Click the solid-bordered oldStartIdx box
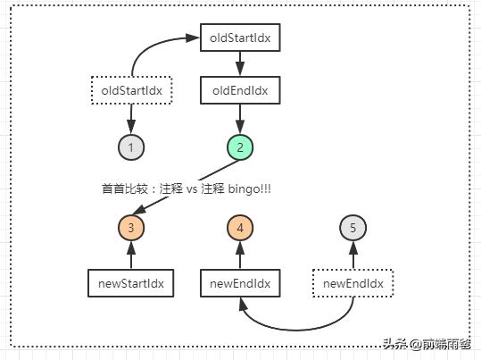tap(240, 38)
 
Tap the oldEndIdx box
tap(240, 90)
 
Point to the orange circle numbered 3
tap(130, 228)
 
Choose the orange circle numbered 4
tap(240, 228)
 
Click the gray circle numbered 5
tap(352, 228)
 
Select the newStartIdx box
tap(130, 283)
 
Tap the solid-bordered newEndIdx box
tap(240, 283)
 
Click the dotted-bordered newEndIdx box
tap(352, 283)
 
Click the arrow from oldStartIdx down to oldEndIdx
tap(240, 64)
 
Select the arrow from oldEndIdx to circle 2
tap(240, 116)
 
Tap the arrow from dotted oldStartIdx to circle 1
tap(130, 116)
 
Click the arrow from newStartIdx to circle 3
tap(130, 255)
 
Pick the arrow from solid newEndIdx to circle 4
tap(240, 255)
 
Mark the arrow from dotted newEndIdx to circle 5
tap(352, 255)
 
